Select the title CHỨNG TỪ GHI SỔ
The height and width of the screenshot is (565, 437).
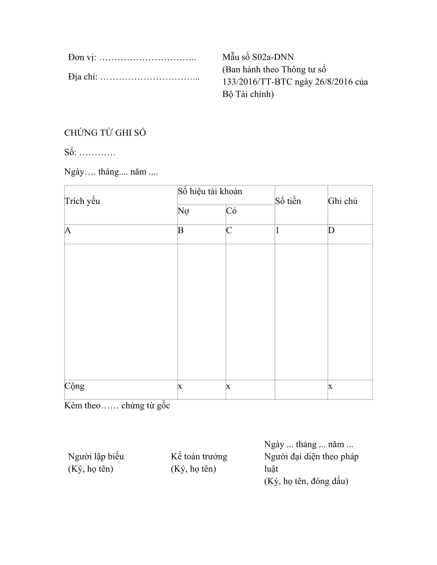click(105, 133)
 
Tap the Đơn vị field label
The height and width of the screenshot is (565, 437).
click(82, 58)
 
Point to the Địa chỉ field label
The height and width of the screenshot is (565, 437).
click(83, 77)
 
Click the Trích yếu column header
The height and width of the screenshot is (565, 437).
click(82, 201)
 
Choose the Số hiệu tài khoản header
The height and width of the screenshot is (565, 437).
click(210, 191)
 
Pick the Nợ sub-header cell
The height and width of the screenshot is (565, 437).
click(183, 211)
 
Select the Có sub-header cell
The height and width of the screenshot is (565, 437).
click(231, 211)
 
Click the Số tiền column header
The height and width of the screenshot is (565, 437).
click(288, 201)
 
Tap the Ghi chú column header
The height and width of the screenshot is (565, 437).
click(342, 201)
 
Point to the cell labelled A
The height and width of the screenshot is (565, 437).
click(68, 230)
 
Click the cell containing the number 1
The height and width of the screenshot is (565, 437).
click(277, 230)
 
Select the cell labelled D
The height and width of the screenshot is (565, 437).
click(331, 230)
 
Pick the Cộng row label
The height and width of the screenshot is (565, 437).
click(75, 386)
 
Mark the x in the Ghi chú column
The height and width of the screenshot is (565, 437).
click(330, 386)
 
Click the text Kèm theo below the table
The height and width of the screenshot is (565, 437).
click(82, 405)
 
